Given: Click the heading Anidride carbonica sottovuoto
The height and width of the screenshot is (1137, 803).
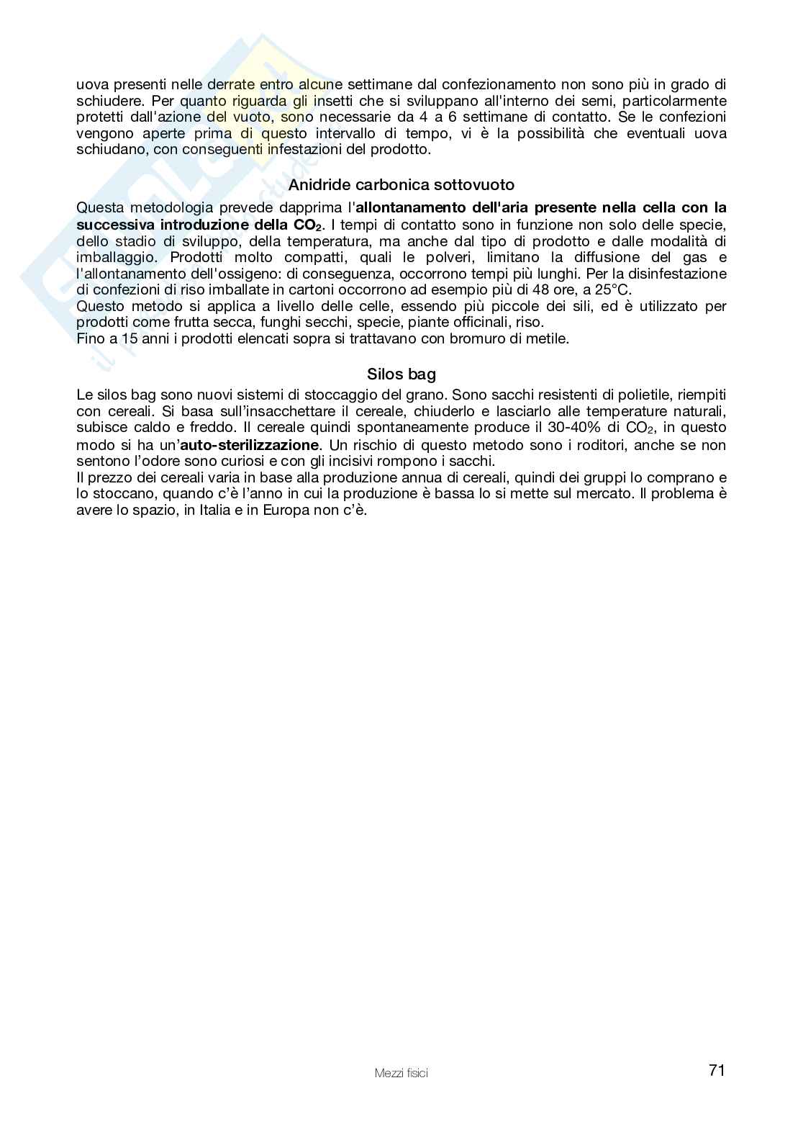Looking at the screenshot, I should [x=401, y=185].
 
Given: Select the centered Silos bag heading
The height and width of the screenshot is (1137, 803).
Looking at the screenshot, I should [x=401, y=374].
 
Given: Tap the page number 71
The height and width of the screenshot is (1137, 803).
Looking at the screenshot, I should [x=716, y=1071].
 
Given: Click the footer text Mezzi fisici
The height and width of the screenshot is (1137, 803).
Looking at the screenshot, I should [x=401, y=1074].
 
